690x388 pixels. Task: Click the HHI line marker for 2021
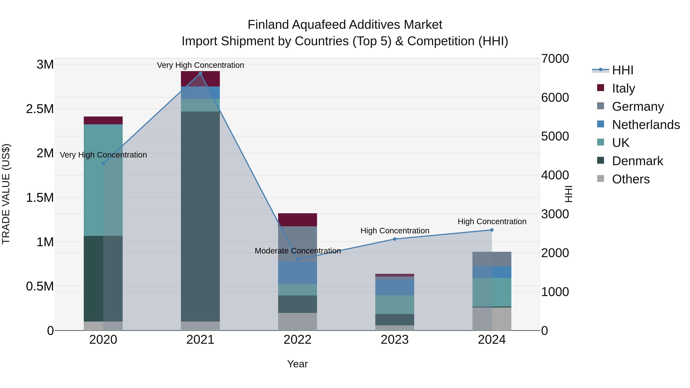click(200, 73)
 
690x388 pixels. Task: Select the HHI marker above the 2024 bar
click(492, 230)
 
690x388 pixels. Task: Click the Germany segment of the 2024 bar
click(492, 259)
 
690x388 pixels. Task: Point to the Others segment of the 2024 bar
click(492, 319)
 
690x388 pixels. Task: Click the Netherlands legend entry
click(646, 125)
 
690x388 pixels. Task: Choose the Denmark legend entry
click(637, 161)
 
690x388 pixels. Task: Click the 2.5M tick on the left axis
click(40, 109)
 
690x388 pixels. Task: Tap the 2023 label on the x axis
click(395, 340)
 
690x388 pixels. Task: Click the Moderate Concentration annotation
click(298, 251)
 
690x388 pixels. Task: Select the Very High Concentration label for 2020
click(103, 155)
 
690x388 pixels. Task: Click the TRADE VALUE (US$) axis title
click(6, 194)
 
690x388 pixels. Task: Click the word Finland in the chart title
click(268, 25)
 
